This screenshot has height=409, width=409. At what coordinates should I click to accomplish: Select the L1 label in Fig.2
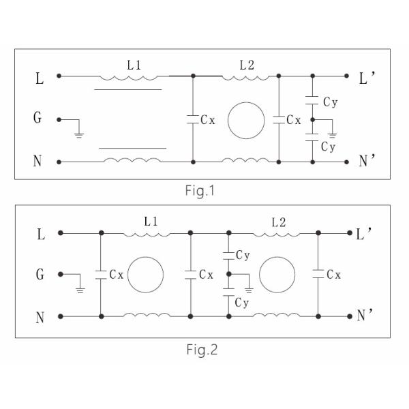click(x=152, y=222)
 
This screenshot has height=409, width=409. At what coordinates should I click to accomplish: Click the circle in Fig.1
click(x=246, y=120)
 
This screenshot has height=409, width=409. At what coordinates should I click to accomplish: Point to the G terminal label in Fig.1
click(x=38, y=119)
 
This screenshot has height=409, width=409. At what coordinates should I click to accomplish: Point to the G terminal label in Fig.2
click(x=39, y=275)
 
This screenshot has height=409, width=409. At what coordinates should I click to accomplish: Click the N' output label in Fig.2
click(x=365, y=317)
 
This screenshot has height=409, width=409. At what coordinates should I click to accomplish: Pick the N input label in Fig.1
click(x=38, y=162)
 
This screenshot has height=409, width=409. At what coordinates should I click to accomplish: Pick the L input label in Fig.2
click(x=39, y=234)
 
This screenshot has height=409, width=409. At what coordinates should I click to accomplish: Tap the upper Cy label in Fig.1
click(x=329, y=102)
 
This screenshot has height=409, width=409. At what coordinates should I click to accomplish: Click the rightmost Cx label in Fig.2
click(x=333, y=275)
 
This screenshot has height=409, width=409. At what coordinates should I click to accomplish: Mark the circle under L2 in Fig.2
click(x=278, y=275)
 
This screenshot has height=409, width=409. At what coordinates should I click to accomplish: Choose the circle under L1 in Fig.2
click(x=146, y=275)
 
